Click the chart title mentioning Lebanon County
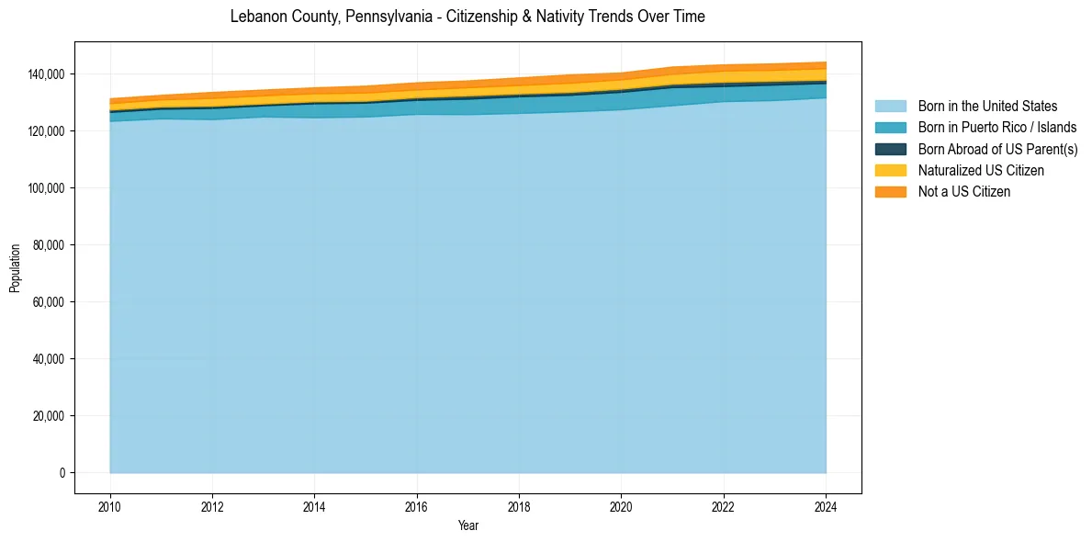pos(467,17)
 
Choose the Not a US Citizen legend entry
pos(964,192)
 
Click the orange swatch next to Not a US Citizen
pos(890,192)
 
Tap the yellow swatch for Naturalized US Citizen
pos(890,171)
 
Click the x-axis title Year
pos(467,525)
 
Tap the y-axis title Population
pos(15,268)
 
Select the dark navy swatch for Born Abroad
pos(890,149)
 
